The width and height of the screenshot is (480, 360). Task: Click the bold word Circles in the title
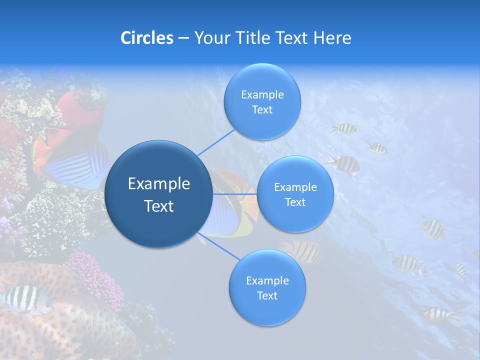pos(146,38)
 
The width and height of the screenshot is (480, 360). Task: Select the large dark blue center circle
pos(158,194)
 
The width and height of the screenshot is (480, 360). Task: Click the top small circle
pos(262,101)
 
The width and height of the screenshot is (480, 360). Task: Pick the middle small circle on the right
pos(295,194)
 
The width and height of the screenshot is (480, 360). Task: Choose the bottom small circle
pos(267,287)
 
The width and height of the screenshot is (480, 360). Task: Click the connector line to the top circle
pos(216,143)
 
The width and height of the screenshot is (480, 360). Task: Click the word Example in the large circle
pos(158,184)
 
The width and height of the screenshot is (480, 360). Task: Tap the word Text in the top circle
pos(262,110)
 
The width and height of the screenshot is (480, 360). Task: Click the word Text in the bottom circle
pos(267,296)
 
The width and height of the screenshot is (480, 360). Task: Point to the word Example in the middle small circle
pos(295,187)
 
